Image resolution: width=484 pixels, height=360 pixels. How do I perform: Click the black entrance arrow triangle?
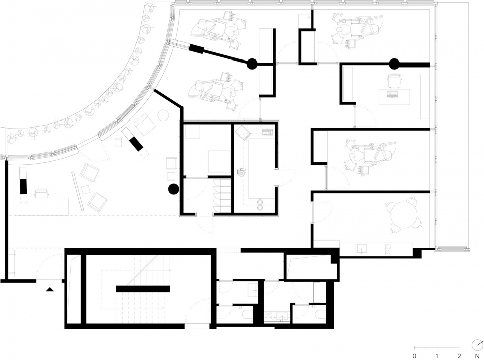[x=50, y=289]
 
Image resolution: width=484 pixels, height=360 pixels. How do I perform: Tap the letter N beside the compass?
[x=477, y=356]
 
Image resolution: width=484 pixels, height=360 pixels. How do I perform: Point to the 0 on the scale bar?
[x=414, y=356]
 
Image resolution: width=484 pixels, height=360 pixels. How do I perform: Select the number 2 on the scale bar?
[x=460, y=356]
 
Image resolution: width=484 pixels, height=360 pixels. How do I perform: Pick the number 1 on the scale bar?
[x=437, y=356]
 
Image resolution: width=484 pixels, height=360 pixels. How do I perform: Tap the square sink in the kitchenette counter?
[x=361, y=248]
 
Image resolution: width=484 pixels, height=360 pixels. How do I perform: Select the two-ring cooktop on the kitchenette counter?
[x=388, y=248]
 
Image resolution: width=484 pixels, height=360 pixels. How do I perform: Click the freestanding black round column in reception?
[x=173, y=189]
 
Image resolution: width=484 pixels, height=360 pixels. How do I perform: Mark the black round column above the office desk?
[x=394, y=64]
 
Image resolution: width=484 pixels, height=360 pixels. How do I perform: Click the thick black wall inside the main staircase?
[x=143, y=289]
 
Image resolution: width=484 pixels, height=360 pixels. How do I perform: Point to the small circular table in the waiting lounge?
[x=163, y=115]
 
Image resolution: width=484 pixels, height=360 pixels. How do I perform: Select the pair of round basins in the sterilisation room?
[x=261, y=204]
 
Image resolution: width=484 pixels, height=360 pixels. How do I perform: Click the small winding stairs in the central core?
[x=222, y=195]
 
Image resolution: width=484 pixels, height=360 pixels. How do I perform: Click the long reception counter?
[x=41, y=207]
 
